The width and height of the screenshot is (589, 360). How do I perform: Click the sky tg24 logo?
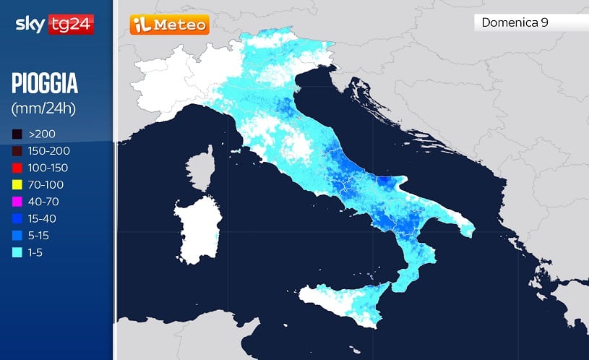(54, 25)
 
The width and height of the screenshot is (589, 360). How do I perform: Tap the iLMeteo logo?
(169, 25)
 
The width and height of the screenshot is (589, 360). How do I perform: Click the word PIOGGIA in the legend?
(45, 84)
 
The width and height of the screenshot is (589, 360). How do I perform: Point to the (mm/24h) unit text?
(43, 108)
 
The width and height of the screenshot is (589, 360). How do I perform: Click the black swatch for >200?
(17, 134)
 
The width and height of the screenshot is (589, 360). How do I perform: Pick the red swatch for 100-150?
(17, 168)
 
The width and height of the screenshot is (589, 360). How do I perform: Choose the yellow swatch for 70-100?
(17, 184)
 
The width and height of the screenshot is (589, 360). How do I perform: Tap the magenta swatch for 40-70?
(17, 201)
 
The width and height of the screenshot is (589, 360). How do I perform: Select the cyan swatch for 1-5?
(17, 252)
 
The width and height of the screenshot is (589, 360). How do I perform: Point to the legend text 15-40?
(43, 218)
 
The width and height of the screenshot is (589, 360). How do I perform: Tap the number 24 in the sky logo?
(82, 25)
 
